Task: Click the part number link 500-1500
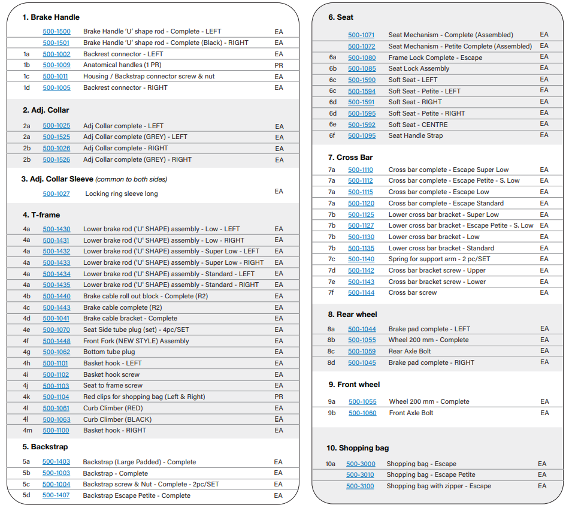click(57, 32)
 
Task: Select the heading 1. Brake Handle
click(51, 17)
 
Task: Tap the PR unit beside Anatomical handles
click(279, 65)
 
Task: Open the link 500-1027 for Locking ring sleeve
click(56, 194)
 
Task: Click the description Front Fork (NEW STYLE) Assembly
click(136, 341)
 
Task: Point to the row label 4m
click(28, 431)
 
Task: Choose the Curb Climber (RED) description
click(113, 409)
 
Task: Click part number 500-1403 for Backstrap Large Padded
click(56, 462)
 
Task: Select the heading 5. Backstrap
click(45, 447)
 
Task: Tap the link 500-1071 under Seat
click(361, 35)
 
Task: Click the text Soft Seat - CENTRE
click(418, 125)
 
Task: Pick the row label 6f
click(332, 136)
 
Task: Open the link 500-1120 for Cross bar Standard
click(361, 204)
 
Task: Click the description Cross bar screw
click(413, 293)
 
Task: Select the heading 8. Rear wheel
click(352, 315)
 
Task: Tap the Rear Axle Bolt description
click(410, 351)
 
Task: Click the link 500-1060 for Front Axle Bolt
click(362, 413)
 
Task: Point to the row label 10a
click(330, 464)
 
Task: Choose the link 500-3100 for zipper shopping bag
click(360, 486)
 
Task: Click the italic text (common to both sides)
click(131, 179)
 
